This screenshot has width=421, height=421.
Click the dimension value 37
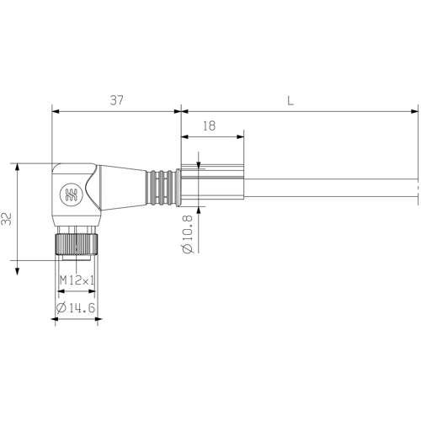click(116, 100)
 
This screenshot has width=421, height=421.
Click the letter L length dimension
click(290, 100)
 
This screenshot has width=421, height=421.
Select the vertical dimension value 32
click(7, 219)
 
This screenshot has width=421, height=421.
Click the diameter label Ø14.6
click(76, 309)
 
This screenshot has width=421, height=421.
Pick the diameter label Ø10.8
click(187, 236)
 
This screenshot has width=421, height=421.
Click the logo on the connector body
click(68, 195)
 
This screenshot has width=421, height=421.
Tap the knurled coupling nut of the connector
click(76, 245)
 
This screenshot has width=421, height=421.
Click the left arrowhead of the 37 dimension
click(55, 110)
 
